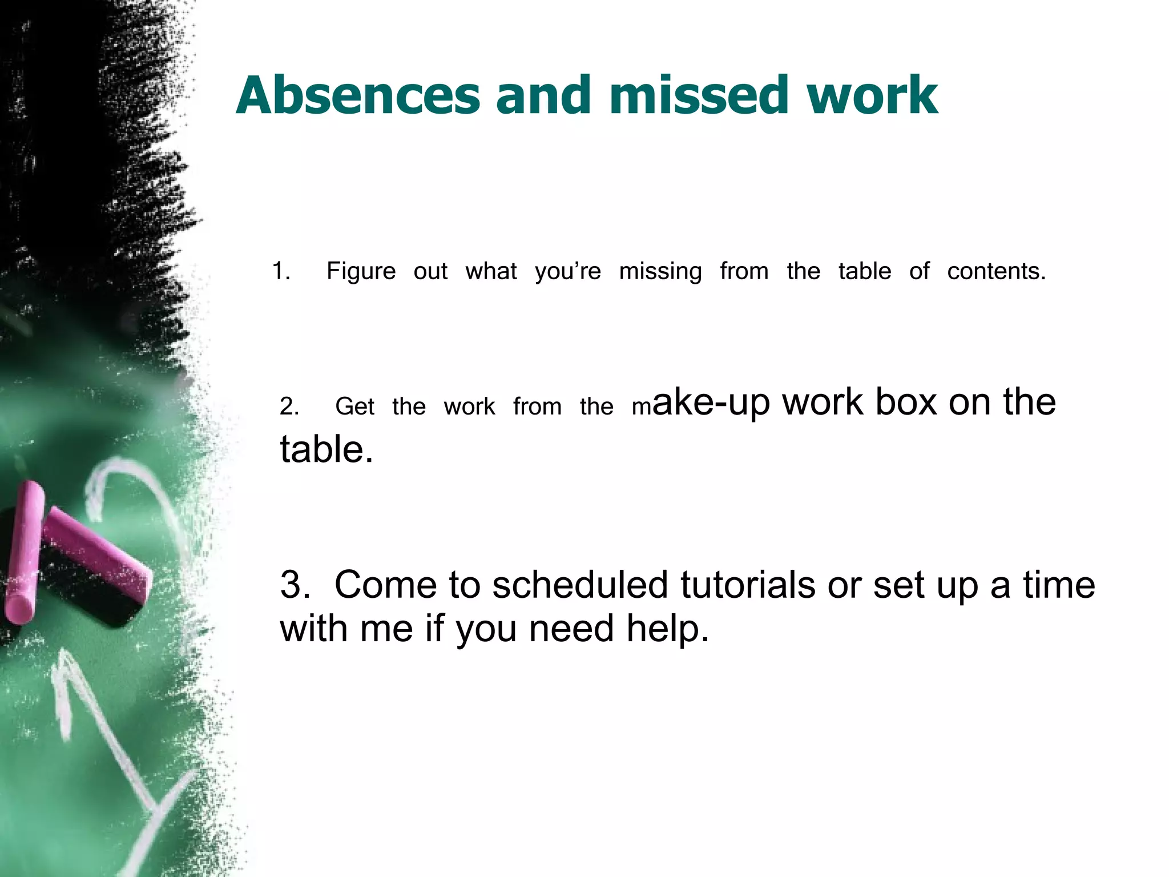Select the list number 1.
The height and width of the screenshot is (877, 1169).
[x=280, y=271]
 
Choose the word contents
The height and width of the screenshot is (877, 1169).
[x=996, y=271]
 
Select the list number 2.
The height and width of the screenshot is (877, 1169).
[x=289, y=407]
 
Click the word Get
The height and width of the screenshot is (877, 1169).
[x=354, y=407]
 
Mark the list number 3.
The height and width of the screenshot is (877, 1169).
[x=295, y=585]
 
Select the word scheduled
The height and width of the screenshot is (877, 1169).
[x=580, y=585]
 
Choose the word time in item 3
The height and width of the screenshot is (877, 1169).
[x=1059, y=585]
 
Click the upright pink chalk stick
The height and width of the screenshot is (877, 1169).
[x=24, y=551]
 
